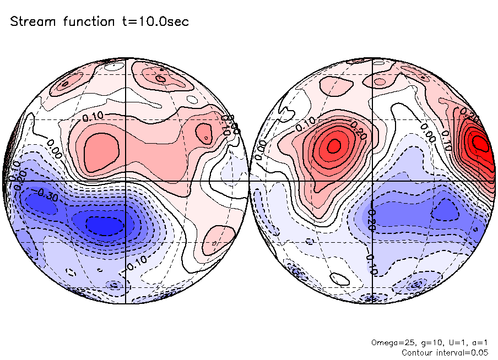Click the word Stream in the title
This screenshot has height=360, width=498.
(x=32, y=22)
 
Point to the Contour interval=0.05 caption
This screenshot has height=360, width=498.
(x=445, y=352)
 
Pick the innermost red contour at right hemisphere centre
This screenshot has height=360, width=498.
(x=333, y=146)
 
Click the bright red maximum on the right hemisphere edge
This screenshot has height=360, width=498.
(x=480, y=143)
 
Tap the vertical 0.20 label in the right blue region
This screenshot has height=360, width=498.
(x=372, y=220)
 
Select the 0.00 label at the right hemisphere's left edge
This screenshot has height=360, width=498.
(x=261, y=149)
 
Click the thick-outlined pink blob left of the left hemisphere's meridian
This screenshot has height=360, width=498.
(x=101, y=150)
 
